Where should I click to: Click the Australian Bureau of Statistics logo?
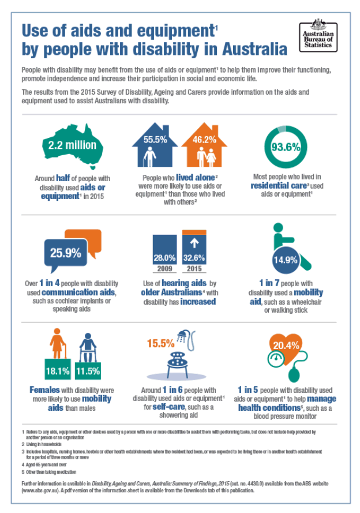coord(319,36)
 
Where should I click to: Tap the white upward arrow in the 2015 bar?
coord(194,244)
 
